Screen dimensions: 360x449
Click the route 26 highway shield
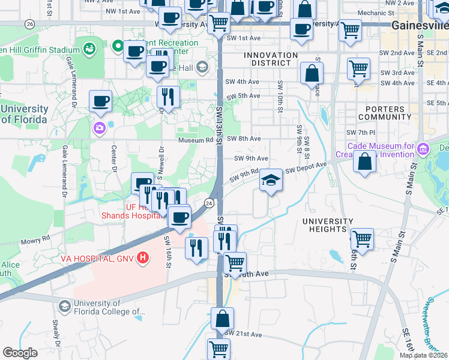[29, 23]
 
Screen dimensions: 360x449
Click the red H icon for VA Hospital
[143, 258]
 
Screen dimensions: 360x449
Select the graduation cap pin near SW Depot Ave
[271, 181]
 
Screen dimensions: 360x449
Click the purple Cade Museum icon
[424, 148]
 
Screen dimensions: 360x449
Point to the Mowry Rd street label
[37, 239]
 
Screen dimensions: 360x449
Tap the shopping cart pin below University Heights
[361, 239]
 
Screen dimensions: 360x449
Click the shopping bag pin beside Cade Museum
[364, 162]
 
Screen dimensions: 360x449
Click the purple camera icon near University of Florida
[98, 128]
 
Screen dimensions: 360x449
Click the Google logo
[20, 353]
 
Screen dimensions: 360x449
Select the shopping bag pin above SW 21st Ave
[222, 319]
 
